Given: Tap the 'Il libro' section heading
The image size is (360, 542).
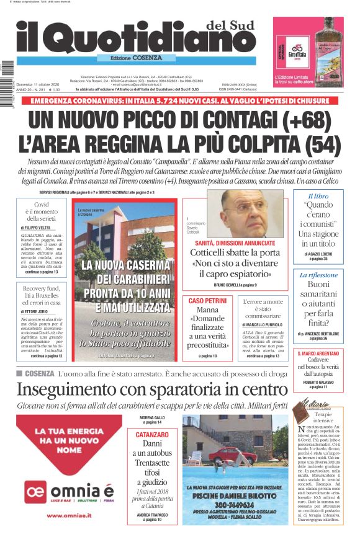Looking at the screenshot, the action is pos(318,196).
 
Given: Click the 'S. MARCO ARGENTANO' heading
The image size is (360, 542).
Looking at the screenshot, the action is pos(318,353).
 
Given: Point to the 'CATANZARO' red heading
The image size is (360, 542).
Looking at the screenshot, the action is pos(152,435).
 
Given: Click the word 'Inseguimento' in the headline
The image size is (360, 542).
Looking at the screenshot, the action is pos(68,390).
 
